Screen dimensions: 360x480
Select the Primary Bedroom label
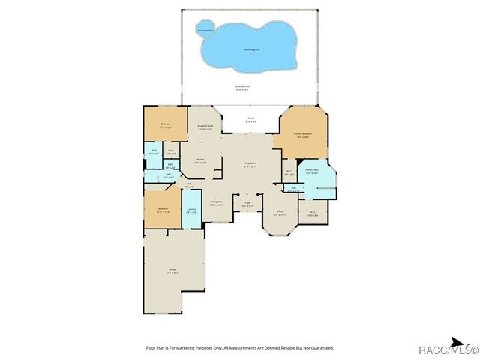point(303,135)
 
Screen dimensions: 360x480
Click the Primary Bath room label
point(312,172)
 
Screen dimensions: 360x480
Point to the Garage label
point(172,271)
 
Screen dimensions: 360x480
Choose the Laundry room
point(192,211)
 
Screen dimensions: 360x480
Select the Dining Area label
point(217,203)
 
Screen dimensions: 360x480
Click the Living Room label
point(249,164)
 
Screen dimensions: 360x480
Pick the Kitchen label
point(201,160)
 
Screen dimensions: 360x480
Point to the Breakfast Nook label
point(205,127)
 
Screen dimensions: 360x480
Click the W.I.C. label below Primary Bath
point(313,213)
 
